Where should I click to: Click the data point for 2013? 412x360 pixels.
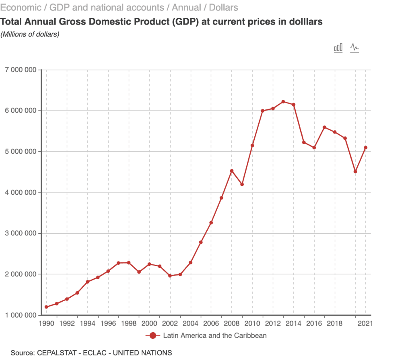(283, 102)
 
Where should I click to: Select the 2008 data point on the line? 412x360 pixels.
(232, 171)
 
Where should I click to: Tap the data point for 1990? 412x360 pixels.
(46, 307)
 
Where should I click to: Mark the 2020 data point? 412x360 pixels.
(355, 172)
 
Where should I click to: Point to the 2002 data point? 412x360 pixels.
(170, 276)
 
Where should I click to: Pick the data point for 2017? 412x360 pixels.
(324, 127)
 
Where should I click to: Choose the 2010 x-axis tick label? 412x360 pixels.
(252, 323)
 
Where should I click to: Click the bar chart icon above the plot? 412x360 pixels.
(338, 48)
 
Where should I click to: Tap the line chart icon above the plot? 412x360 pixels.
(354, 48)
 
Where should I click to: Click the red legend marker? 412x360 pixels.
(152, 335)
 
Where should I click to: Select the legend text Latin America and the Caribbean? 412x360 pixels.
(214, 335)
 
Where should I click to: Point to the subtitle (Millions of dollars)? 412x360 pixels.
(30, 34)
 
